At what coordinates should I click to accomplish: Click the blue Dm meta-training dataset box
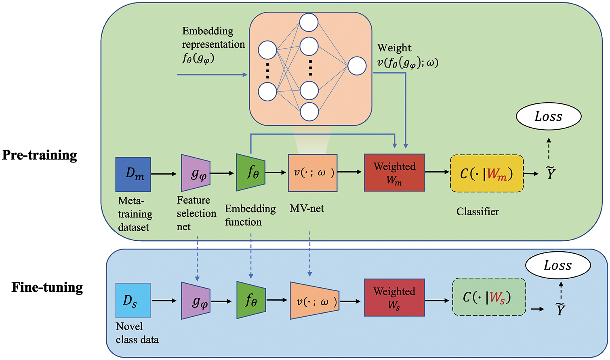[133, 174]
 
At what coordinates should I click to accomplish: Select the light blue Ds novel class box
[133, 300]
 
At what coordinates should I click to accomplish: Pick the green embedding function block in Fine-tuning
[251, 300]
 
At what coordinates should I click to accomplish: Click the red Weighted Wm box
[394, 173]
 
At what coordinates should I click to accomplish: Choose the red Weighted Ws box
[394, 297]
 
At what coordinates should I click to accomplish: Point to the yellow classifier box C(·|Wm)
[487, 173]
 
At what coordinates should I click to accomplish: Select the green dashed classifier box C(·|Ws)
[489, 297]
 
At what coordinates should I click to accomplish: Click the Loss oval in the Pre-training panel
[548, 116]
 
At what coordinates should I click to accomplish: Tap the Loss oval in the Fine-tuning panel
[557, 265]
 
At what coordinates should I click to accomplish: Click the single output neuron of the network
[357, 66]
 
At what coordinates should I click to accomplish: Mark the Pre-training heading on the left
[40, 155]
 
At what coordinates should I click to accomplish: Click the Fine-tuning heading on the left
[47, 287]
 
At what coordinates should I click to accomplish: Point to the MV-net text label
[307, 208]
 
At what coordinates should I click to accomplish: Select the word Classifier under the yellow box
[477, 212]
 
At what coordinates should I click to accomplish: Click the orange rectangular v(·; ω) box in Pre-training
[313, 173]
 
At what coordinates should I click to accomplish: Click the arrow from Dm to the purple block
[164, 174]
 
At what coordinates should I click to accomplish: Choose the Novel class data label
[137, 333]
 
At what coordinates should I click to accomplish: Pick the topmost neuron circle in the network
[309, 23]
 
